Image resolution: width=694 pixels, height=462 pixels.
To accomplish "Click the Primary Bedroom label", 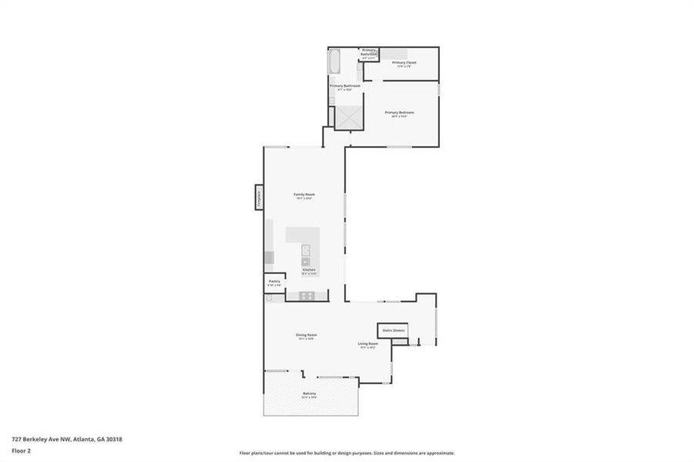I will pos(400,112).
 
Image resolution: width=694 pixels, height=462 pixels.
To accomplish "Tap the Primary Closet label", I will pos(404,62).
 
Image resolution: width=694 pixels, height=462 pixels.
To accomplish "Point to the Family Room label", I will pos(304,194).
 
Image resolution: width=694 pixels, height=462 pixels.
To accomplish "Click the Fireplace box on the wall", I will pos(259,197).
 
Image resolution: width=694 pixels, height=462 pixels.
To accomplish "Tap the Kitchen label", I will pos(308,269).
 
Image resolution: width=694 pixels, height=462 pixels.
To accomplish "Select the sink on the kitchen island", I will pos(306,249).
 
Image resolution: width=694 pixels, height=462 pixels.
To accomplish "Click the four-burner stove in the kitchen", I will pos(307,295).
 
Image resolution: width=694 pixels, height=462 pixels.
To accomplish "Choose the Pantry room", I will pos(274,283).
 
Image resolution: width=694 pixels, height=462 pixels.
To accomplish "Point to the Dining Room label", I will pos(307,335).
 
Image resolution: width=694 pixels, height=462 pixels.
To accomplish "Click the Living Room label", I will pos(367,343).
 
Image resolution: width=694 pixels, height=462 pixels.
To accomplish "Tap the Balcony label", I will pos(309,393).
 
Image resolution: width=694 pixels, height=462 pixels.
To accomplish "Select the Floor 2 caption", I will pos(22,451).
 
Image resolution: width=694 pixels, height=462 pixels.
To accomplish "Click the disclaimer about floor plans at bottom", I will pos(347,453).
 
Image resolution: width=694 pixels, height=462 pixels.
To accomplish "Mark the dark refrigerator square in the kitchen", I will pos(269,258).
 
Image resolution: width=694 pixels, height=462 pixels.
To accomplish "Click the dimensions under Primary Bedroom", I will pos(400,116).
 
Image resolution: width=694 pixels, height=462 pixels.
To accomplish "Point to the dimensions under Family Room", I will pos(304,198).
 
